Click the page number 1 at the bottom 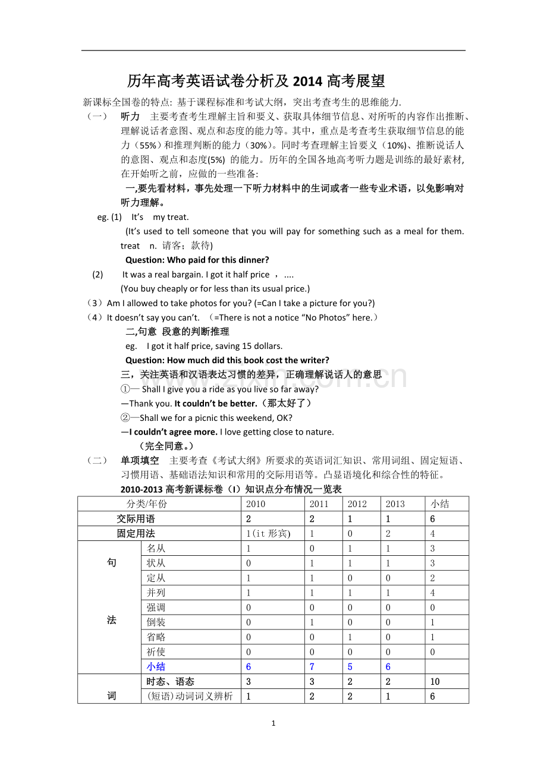pos(273,723)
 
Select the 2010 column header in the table pos(256,504)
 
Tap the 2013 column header pos(395,504)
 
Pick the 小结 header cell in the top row pos(440,504)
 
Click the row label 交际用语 pos(136,519)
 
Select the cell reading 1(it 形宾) pos(268,534)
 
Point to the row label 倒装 pos(156,622)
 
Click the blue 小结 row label pos(156,667)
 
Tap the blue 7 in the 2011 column pos(312,667)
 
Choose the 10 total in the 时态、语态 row pos(435,682)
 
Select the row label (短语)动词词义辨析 pos(190,697)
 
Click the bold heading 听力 pos(130,117)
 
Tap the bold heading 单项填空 pos(140,461)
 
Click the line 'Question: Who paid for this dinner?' pos(197,260)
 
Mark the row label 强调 pos(156,608)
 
